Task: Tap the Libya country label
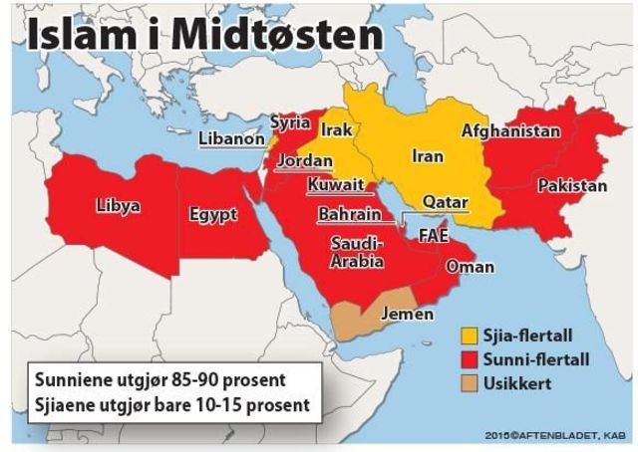(x=118, y=207)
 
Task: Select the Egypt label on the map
(x=213, y=214)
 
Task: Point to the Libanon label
(x=231, y=139)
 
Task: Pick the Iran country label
(x=427, y=156)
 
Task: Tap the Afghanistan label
(x=510, y=130)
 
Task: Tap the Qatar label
(x=445, y=202)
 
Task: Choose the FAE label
(x=434, y=236)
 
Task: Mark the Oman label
(x=470, y=267)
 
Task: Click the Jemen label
(x=409, y=315)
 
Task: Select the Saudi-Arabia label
(x=356, y=253)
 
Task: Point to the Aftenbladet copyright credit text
(x=559, y=435)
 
